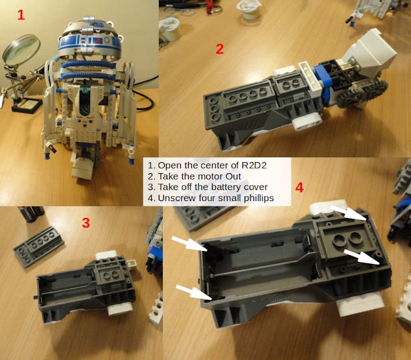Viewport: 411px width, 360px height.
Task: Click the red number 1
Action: coord(21,14)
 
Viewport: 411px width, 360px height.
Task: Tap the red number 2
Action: coord(220,48)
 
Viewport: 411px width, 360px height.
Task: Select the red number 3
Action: coord(86,223)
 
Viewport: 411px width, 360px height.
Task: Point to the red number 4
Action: coord(299,187)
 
